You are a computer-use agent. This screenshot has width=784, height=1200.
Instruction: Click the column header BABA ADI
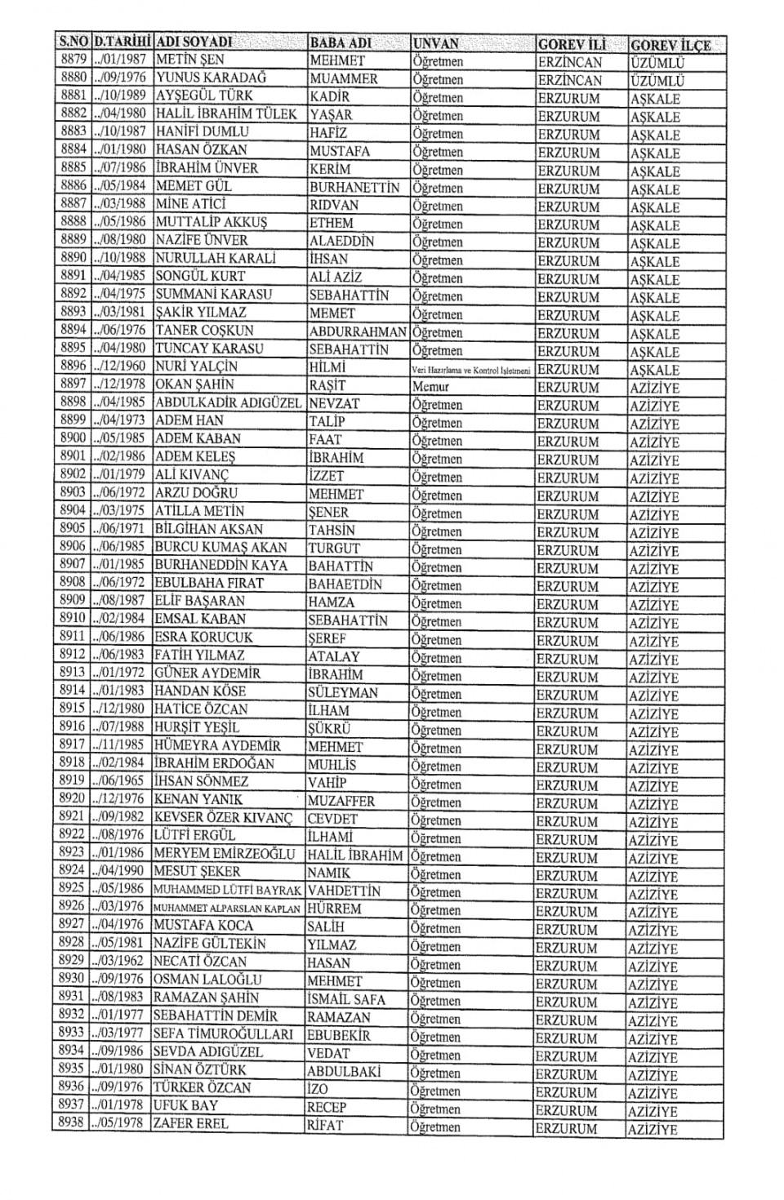coord(341,42)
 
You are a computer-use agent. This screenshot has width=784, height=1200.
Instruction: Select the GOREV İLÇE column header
coord(670,45)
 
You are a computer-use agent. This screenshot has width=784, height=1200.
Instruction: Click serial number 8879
coord(74,60)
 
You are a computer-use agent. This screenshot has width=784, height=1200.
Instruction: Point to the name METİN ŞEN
coord(189,60)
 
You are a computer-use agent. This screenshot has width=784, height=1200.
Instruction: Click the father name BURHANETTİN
coord(354,188)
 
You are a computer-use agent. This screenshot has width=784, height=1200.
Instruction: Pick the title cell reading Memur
coord(430,387)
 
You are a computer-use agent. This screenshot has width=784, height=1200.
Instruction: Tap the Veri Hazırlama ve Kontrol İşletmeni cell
coord(471,370)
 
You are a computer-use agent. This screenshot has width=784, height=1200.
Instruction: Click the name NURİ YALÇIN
coord(196,367)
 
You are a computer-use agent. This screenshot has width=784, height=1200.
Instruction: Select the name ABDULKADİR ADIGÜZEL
coord(228,402)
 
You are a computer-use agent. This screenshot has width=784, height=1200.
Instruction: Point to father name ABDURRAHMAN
coord(358,332)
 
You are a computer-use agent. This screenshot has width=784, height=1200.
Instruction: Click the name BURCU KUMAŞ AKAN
coord(220,547)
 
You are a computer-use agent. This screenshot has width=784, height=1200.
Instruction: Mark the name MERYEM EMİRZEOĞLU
coord(224,853)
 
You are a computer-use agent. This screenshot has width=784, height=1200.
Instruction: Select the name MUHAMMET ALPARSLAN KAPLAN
coord(226,908)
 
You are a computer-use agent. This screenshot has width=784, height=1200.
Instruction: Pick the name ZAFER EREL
coord(191,1123)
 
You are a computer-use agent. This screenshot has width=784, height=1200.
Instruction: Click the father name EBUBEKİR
coord(339,1036)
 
